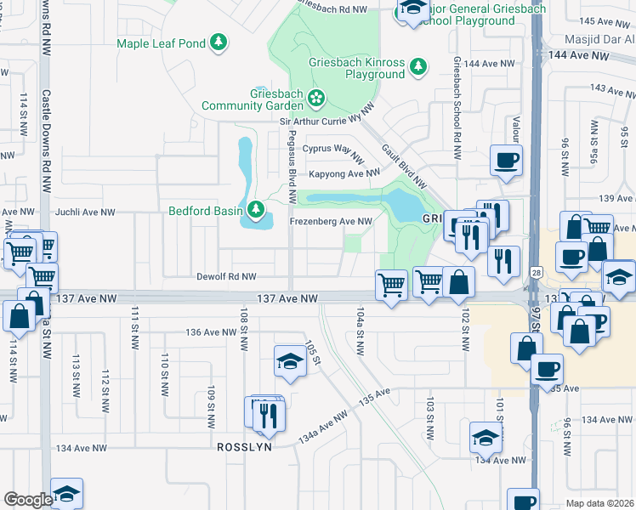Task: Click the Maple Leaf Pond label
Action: click(x=162, y=42)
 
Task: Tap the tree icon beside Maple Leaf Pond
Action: click(x=219, y=41)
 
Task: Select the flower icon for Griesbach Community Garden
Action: click(x=316, y=99)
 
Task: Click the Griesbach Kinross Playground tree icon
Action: click(x=417, y=65)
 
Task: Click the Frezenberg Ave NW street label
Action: click(x=332, y=222)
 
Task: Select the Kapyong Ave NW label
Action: click(x=344, y=173)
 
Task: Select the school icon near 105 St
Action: click(x=289, y=362)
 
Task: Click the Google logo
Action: click(x=27, y=500)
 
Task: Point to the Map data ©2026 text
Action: click(x=599, y=503)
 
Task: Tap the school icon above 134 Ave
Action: click(x=486, y=438)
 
